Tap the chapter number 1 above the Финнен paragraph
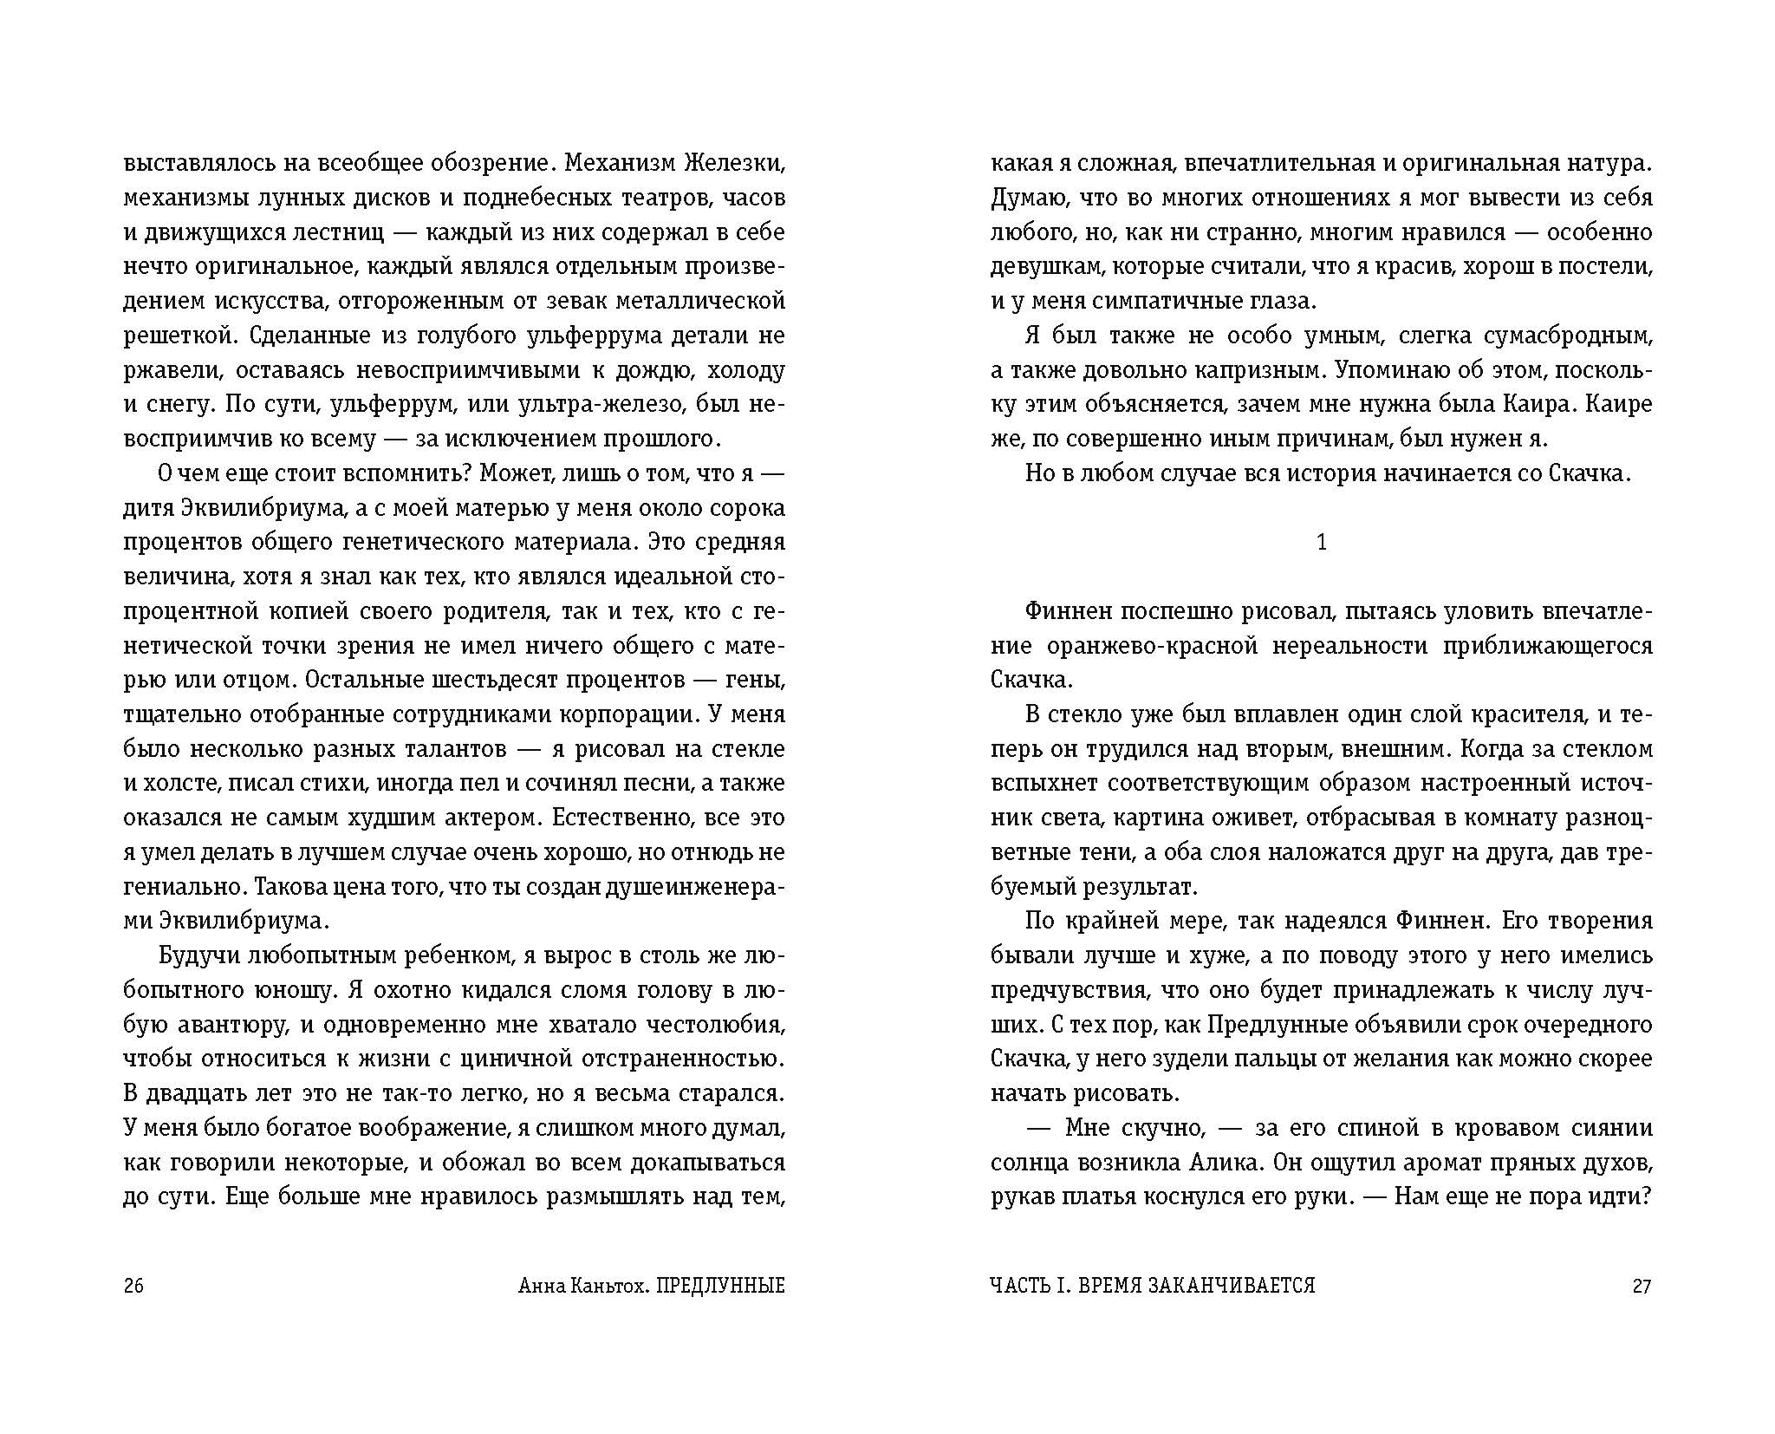click(1321, 542)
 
